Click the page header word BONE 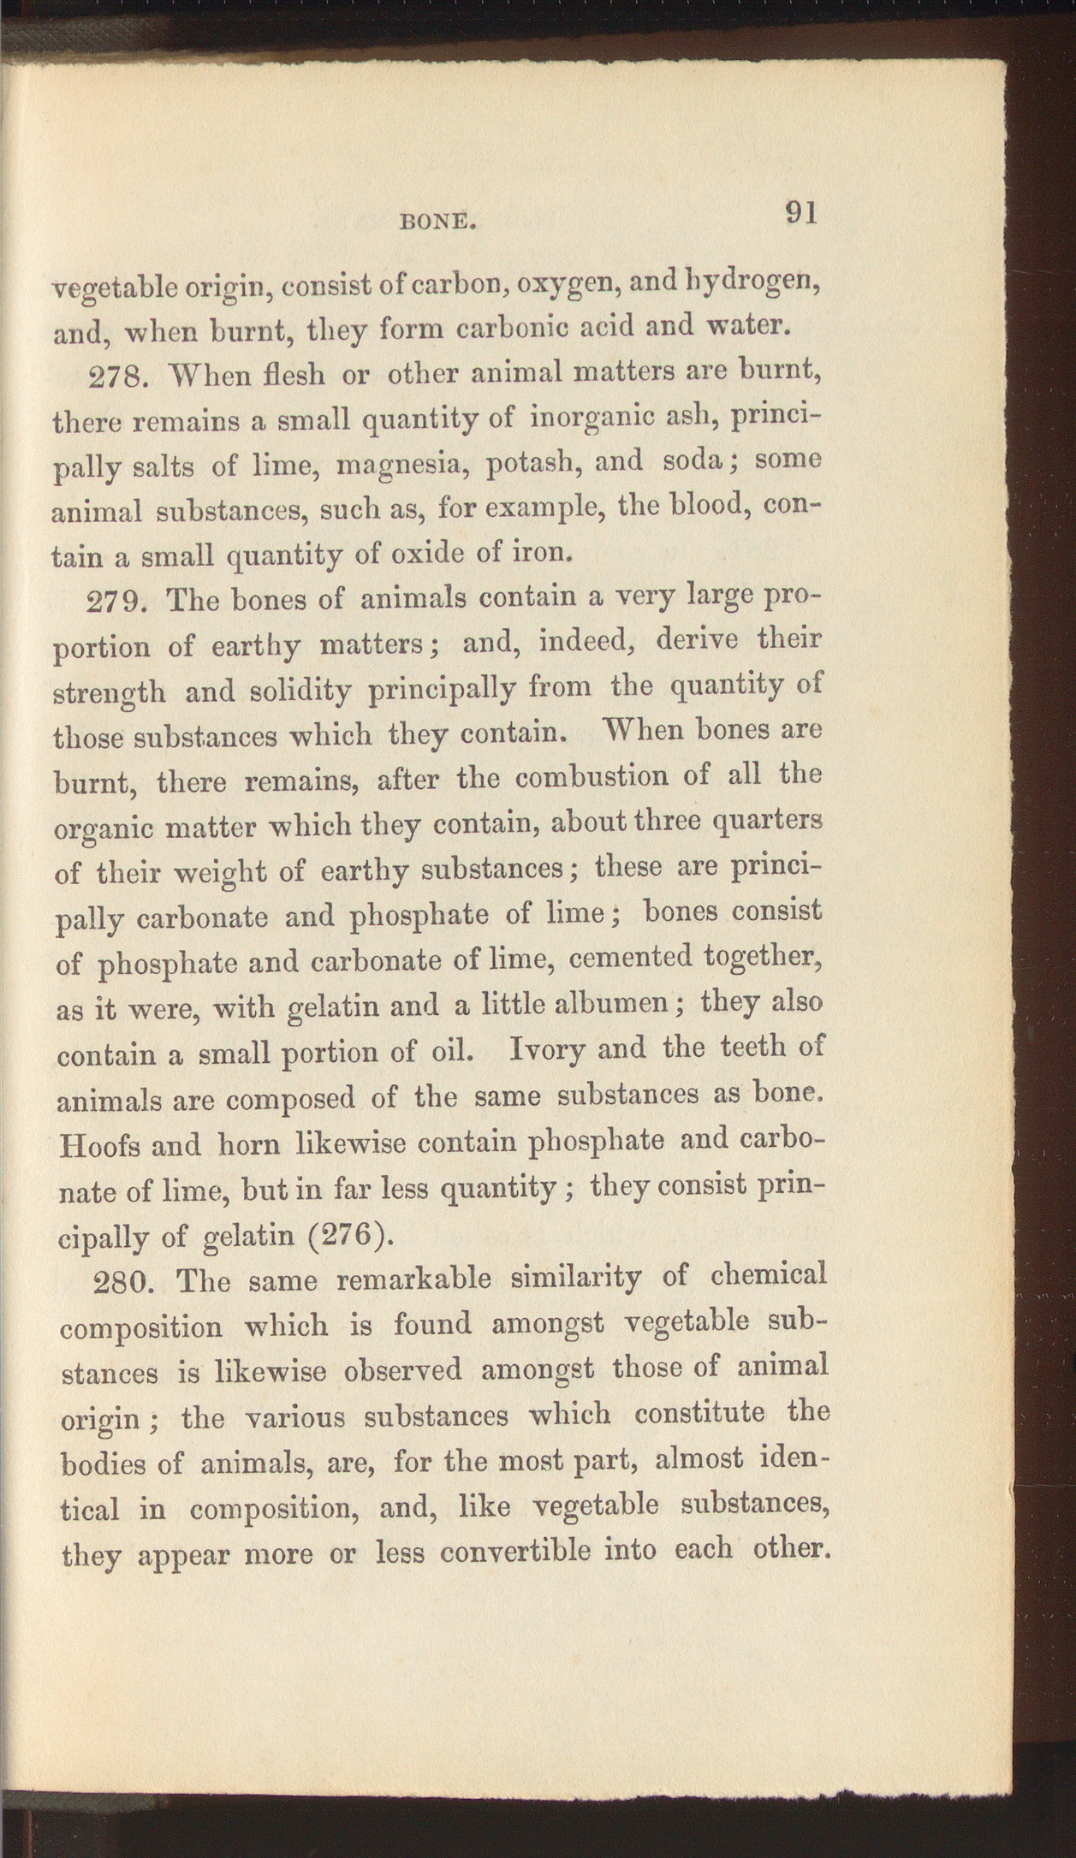(438, 222)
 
